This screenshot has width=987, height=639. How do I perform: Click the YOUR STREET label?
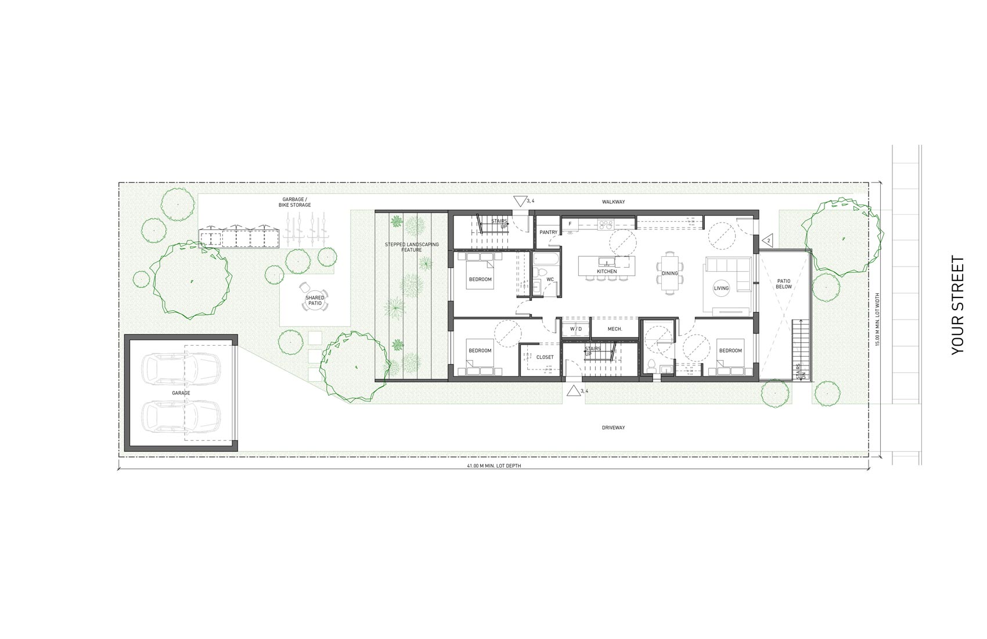click(x=957, y=305)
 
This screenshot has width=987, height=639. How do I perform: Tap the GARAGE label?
click(x=181, y=393)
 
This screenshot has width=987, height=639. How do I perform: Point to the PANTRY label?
click(x=548, y=232)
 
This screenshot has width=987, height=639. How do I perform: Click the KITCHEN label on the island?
click(x=607, y=272)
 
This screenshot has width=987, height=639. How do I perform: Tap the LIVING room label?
click(x=721, y=288)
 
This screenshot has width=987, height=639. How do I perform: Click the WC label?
click(x=550, y=279)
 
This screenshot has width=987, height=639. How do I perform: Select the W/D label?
click(x=575, y=329)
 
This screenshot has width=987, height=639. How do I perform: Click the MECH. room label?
click(x=614, y=329)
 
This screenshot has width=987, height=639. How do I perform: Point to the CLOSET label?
click(x=545, y=357)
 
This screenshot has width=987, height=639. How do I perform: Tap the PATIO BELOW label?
click(x=783, y=283)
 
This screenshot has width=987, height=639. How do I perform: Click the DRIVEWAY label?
click(x=613, y=428)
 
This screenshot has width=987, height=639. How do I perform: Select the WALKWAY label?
click(x=613, y=202)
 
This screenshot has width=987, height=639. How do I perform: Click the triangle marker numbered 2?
click(x=768, y=240)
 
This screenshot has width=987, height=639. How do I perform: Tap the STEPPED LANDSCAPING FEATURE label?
click(x=412, y=247)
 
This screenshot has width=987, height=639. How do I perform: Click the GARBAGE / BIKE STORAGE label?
click(x=297, y=202)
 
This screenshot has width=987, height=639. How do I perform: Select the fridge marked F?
click(x=570, y=224)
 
